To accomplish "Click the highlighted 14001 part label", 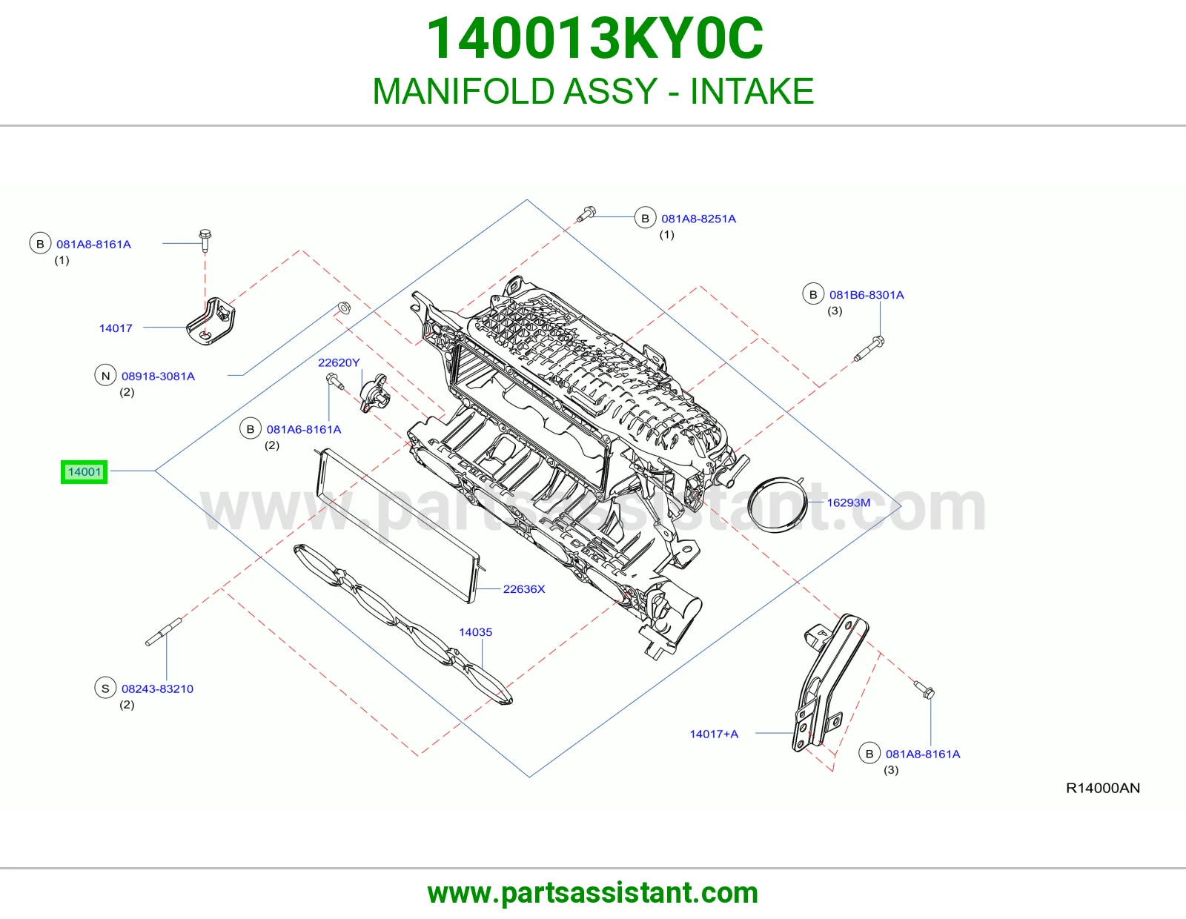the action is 84,472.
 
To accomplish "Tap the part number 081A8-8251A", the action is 698,219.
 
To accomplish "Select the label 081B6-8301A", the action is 867,295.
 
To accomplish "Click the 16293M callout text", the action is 849,502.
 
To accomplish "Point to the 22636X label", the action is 524,589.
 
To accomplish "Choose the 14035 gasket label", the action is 475,632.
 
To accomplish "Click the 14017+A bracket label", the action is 714,734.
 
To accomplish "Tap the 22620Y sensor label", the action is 339,362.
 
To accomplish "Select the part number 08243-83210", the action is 157,689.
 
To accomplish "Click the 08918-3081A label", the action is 159,376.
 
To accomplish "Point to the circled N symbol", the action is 105,376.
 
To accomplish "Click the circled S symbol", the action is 105,689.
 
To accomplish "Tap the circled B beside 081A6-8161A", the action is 251,429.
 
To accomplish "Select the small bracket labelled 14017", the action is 211,322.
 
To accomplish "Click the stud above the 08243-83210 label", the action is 163,632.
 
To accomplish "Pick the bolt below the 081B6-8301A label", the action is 869,349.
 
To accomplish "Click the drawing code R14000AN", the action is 1102,788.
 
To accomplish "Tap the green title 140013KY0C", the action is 594,39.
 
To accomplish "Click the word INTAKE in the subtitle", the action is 752,91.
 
